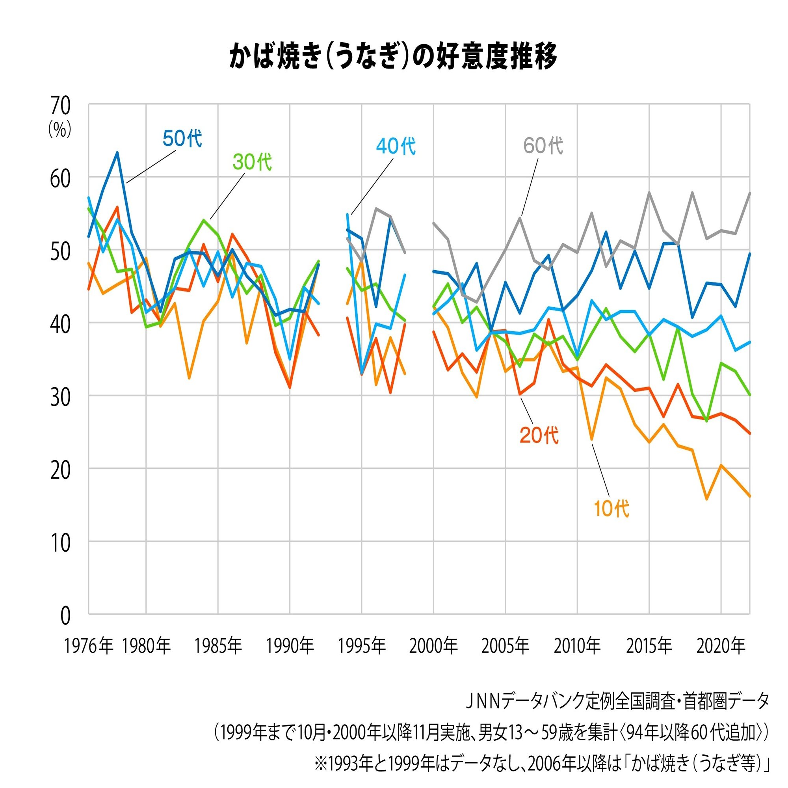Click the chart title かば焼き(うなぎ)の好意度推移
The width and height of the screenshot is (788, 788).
(393, 57)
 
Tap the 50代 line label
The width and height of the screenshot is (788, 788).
(182, 139)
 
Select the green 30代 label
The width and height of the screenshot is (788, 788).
(252, 162)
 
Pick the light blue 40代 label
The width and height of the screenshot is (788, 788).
(395, 146)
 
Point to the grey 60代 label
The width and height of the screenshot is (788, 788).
(543, 146)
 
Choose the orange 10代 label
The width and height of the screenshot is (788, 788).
(611, 509)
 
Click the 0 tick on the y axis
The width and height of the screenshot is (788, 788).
(65, 616)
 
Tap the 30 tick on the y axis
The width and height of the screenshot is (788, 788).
(60, 397)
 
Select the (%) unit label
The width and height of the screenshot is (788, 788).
(59, 130)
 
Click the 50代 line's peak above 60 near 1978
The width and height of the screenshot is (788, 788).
(117, 152)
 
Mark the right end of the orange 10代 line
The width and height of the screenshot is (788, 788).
(750, 496)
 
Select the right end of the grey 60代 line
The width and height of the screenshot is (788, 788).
(750, 193)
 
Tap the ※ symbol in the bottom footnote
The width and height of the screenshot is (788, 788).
(320, 764)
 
